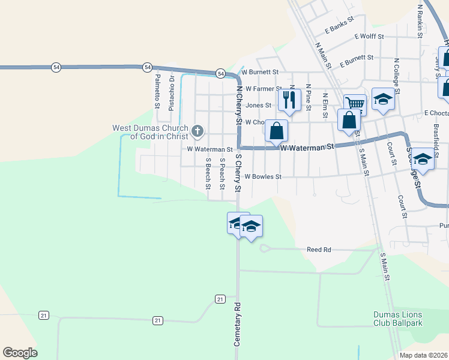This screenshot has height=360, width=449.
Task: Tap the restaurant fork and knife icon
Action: [x=290, y=100]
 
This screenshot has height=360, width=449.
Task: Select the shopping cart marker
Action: [x=355, y=104]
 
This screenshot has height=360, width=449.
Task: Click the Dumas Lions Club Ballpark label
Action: [x=397, y=319]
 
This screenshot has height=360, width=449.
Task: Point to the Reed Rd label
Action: [x=319, y=250]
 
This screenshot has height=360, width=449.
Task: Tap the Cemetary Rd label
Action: [x=237, y=324]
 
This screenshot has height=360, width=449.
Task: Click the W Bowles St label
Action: [x=263, y=177]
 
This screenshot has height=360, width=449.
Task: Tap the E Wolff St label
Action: [x=369, y=37]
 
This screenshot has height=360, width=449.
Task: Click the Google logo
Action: [x=20, y=353]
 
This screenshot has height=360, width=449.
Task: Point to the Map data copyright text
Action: [x=424, y=355]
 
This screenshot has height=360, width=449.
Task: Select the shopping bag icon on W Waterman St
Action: [x=276, y=130]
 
